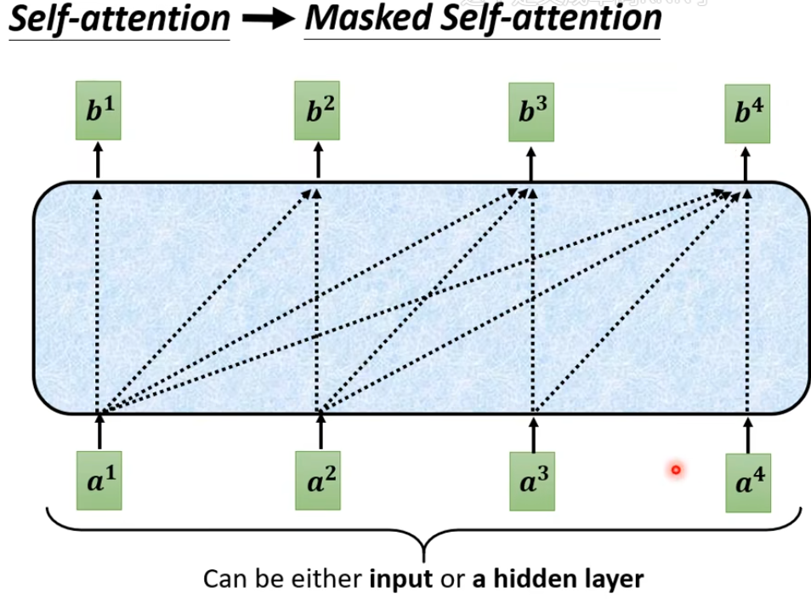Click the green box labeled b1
pyautogui.click(x=99, y=110)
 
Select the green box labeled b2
pyautogui.click(x=317, y=110)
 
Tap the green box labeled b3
pyautogui.click(x=531, y=111)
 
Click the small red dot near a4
pyautogui.click(x=676, y=469)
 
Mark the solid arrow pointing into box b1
pyautogui.click(x=99, y=161)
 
